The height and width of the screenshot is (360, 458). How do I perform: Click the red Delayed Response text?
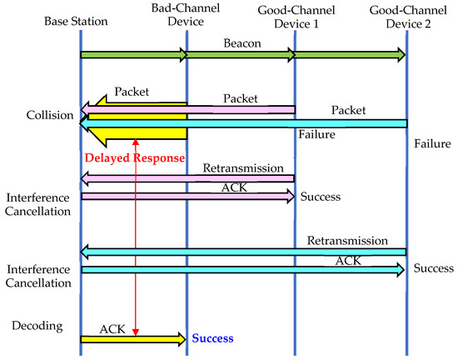click(133, 157)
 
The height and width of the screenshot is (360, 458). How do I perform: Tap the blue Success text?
click(212, 338)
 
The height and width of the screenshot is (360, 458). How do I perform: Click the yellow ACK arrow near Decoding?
click(133, 338)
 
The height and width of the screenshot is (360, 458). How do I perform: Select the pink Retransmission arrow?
click(187, 177)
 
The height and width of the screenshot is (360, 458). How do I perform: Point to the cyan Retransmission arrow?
click(241, 252)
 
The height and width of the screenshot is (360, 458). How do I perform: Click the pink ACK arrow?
click(187, 197)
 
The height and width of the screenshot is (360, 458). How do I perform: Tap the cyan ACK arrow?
click(241, 270)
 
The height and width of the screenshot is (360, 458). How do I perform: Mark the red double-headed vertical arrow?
click(136, 242)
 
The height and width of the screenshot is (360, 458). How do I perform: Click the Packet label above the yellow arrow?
click(132, 90)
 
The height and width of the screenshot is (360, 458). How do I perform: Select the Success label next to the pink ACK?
click(321, 197)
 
